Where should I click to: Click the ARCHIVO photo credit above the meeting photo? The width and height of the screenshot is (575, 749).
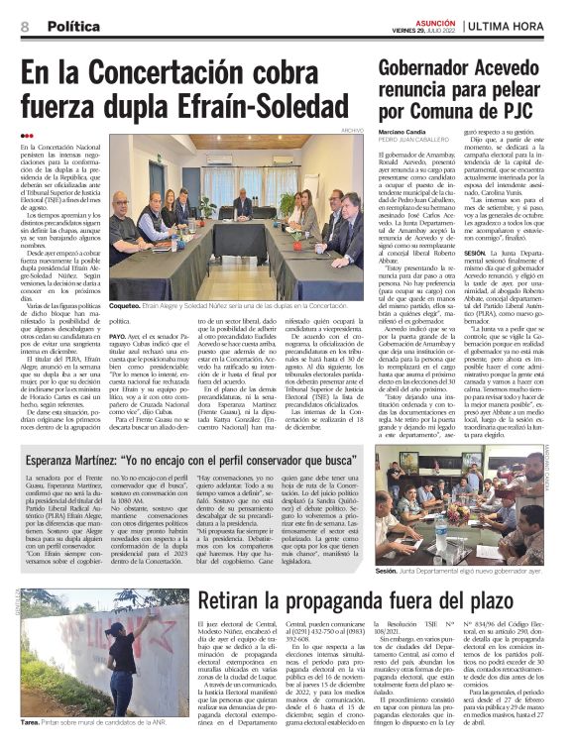click(352, 130)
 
